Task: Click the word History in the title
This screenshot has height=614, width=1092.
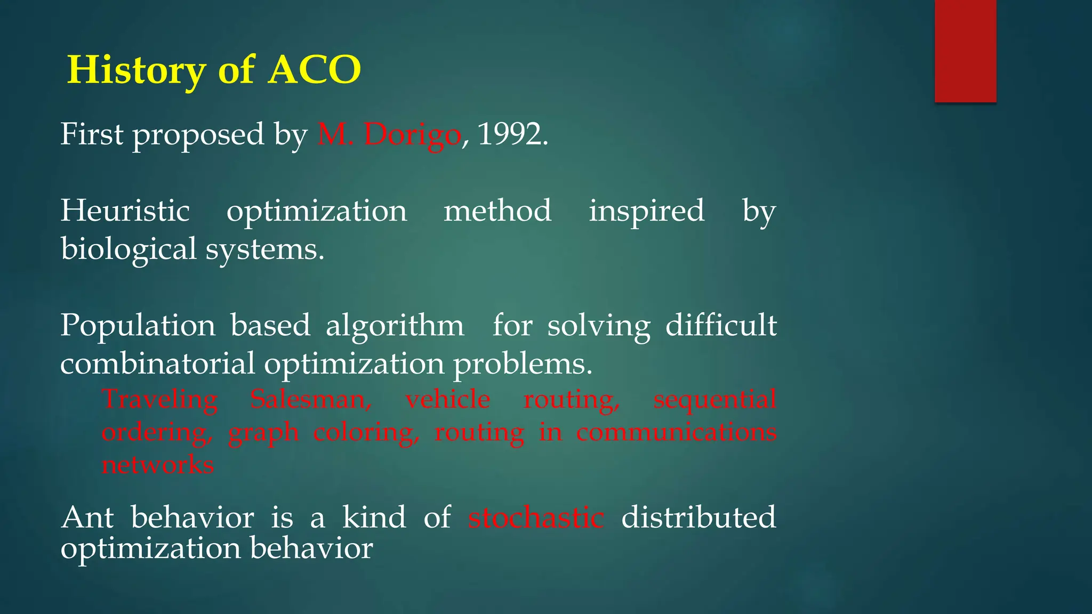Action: click(136, 70)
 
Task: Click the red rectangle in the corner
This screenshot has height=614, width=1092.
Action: click(965, 51)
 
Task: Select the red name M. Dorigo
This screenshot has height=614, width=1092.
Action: click(389, 134)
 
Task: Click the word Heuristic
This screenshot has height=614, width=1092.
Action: click(125, 211)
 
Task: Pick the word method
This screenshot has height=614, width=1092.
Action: click(497, 211)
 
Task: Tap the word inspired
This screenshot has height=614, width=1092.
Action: click(647, 211)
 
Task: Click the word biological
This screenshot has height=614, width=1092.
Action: click(129, 249)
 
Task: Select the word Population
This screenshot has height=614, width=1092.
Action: click(138, 325)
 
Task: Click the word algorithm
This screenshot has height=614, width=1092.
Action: click(395, 325)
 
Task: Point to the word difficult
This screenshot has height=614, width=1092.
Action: click(721, 325)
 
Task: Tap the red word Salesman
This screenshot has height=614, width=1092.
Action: click(311, 399)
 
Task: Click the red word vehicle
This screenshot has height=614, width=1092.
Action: click(447, 399)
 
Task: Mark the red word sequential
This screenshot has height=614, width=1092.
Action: click(714, 399)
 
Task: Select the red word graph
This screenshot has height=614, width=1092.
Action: click(263, 432)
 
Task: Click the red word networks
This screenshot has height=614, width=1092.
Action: click(158, 465)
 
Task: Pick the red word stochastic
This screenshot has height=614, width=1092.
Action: click(536, 518)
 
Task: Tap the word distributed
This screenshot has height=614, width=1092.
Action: click(698, 518)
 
